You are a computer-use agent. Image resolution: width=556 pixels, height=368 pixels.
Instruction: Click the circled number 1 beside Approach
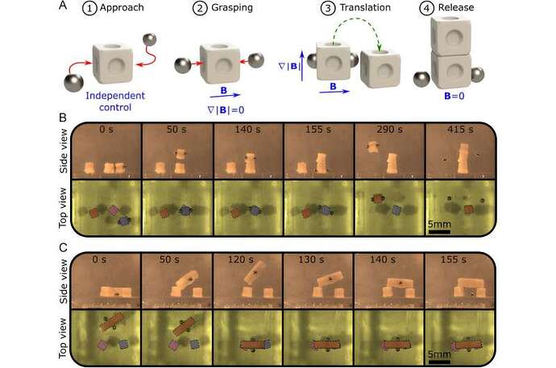[x=89, y=8]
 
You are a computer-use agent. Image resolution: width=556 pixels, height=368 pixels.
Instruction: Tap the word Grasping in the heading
[x=232, y=7]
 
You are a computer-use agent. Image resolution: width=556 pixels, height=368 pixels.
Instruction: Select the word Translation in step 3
[x=365, y=7]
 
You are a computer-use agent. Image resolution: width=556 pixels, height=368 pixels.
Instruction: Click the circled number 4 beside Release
[x=426, y=8]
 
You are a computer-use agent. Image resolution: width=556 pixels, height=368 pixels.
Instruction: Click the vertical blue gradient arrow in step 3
[x=302, y=66]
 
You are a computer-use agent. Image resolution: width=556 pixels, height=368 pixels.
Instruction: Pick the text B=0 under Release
[x=454, y=96]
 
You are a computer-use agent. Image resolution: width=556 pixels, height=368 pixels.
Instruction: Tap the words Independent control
[x=115, y=101]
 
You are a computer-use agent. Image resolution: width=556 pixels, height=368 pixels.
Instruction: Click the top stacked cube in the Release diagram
[x=450, y=36]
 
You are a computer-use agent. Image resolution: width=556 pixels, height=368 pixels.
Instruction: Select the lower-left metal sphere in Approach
[x=73, y=82]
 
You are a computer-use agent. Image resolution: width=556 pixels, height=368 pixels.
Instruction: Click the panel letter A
[x=63, y=6]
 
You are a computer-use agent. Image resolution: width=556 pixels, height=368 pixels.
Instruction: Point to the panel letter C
[x=63, y=247]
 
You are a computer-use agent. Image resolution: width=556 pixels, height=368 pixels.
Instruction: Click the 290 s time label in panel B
[x=389, y=130]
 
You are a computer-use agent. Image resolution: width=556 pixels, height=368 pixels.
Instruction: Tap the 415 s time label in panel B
[x=460, y=130]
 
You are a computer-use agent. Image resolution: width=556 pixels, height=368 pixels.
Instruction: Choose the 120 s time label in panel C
[x=240, y=259]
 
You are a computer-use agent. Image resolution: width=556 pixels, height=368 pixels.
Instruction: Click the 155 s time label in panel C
[x=453, y=259]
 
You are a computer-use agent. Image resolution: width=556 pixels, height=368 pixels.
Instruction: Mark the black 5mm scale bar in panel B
[x=439, y=232]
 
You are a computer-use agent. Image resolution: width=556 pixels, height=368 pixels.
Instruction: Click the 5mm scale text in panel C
[x=439, y=354]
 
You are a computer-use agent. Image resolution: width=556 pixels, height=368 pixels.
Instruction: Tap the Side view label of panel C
[x=63, y=281]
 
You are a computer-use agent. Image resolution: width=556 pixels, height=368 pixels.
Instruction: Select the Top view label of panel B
[x=63, y=208]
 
